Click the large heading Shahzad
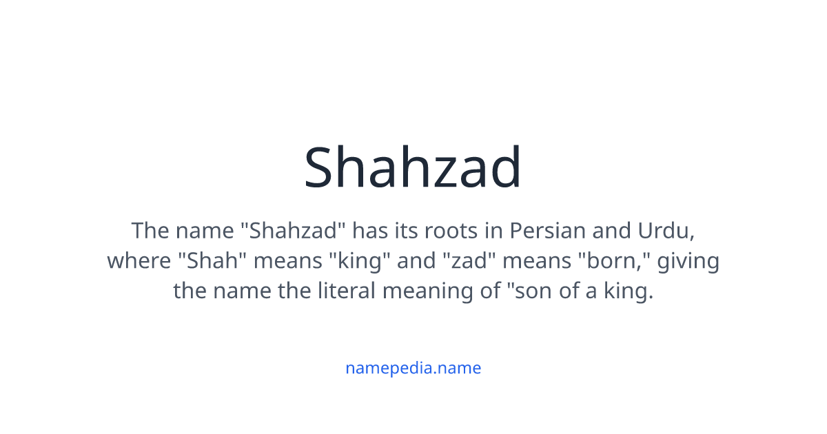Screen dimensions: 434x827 (413, 167)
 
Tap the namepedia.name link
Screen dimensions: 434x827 (413, 368)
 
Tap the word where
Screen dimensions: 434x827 (139, 261)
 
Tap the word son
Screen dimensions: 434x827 (533, 291)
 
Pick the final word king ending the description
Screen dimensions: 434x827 (629, 291)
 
